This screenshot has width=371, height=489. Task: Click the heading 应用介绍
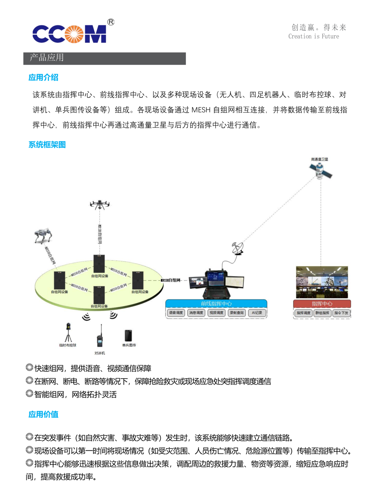[43, 78]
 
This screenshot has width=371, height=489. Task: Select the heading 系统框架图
[47, 145]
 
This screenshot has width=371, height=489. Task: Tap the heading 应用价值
[43, 414]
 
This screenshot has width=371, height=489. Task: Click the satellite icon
[320, 170]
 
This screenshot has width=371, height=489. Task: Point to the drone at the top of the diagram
[100, 205]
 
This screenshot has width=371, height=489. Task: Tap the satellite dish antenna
[238, 248]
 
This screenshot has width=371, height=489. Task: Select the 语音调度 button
[176, 313]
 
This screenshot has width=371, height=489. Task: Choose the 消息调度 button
[196, 313]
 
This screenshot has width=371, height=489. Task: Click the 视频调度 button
[216, 313]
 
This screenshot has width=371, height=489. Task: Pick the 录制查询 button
[237, 313]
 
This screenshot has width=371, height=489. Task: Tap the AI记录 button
[257, 313]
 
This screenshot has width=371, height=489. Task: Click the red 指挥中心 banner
[322, 304]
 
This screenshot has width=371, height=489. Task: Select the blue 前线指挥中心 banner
[216, 304]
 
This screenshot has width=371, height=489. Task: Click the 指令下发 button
[341, 313]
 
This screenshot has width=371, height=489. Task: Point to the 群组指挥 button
[322, 313]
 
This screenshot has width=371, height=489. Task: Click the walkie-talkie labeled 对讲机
[100, 337]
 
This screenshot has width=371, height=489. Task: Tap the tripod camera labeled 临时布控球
[68, 333]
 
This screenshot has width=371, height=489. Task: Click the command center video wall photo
[322, 282]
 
